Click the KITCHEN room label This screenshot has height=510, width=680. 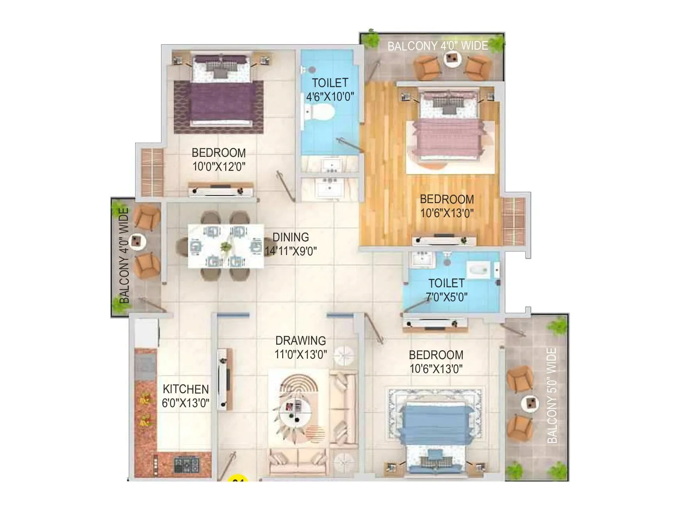click(186, 389)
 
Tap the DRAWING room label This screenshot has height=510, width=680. click(300, 340)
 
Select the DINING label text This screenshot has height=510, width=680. click(291, 237)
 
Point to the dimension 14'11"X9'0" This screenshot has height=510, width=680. click(291, 251)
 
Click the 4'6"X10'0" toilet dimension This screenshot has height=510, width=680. click(330, 97)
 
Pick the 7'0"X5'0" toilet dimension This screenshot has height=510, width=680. click(447, 297)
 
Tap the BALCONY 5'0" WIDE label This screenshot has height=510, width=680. click(552, 395)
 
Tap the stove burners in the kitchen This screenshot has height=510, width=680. click(186, 465)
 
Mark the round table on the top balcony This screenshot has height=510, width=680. click(452, 59)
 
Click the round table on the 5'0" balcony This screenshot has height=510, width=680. click(530, 403)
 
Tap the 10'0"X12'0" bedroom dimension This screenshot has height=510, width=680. click(219, 166)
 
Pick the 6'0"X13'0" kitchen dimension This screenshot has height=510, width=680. click(186, 402)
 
